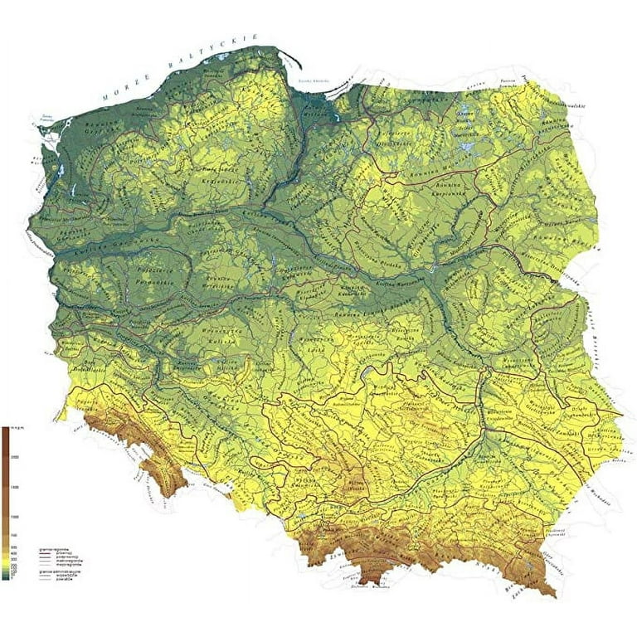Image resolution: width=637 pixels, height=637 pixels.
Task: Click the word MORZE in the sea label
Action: pos(123,91)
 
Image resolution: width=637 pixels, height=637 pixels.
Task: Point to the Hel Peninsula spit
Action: pos(292,63)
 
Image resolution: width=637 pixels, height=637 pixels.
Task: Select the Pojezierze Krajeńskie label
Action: pos(215,172)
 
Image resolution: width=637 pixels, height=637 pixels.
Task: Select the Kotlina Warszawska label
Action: pos(394,286)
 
